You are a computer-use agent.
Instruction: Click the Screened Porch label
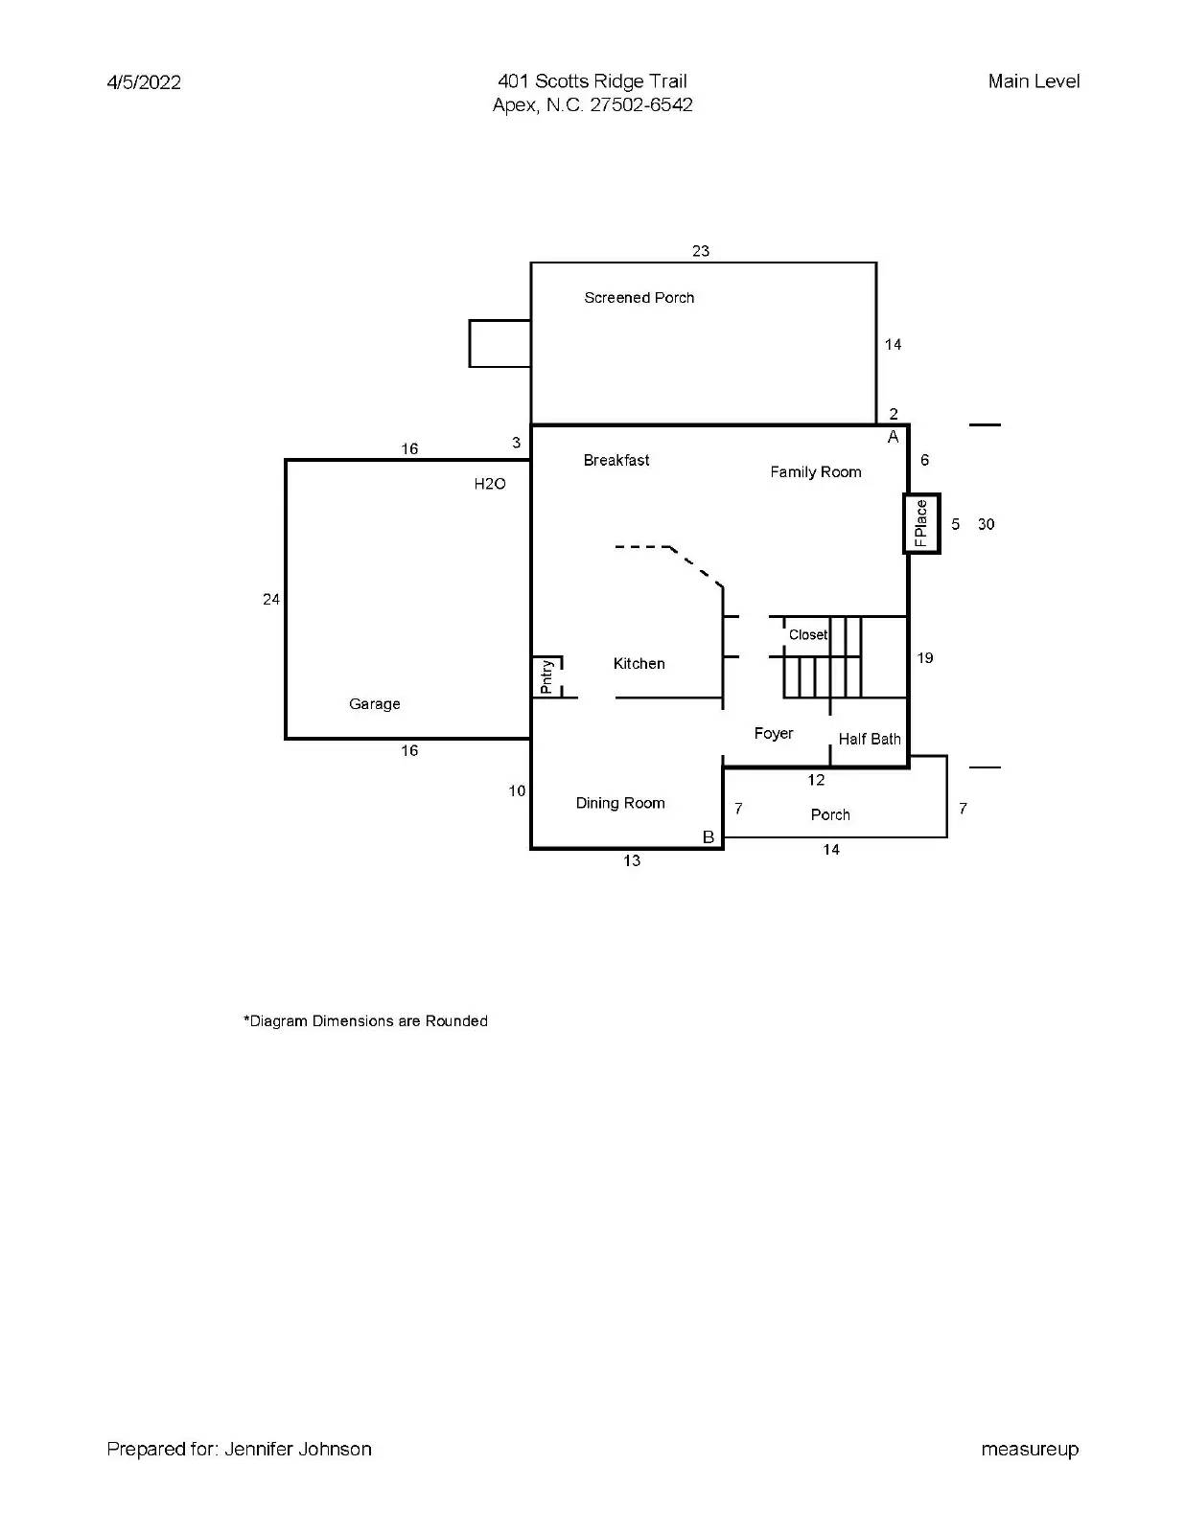point(639,298)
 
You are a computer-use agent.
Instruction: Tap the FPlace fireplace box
point(921,523)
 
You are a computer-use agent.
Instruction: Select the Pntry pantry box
point(546,676)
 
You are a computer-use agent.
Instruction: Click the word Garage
point(374,704)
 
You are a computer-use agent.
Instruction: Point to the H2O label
point(489,484)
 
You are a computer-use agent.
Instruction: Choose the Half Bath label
point(869,739)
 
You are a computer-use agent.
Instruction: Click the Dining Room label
point(619,803)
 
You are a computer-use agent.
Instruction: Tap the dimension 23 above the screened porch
point(700,251)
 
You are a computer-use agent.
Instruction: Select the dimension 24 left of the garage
point(271,599)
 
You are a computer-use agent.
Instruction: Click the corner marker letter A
point(893,437)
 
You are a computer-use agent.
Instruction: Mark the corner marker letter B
point(708,836)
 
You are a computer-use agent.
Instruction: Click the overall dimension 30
point(986,524)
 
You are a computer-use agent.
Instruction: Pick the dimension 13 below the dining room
point(631,860)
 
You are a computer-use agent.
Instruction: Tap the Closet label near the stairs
point(807,634)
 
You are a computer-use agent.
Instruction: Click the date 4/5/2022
point(144,82)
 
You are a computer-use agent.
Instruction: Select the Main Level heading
point(1034,81)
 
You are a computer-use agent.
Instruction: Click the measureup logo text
point(1029,1449)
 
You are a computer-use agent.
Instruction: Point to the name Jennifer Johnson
point(297,1449)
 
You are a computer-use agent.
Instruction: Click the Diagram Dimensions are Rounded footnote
point(365,1021)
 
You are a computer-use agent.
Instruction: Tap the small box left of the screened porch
point(500,343)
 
